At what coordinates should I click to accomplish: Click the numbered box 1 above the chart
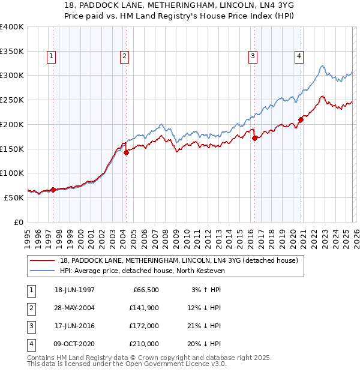[52, 57]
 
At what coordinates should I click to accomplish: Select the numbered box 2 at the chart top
[124, 57]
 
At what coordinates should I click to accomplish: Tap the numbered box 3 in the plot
[253, 57]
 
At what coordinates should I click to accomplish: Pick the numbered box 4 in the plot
[299, 57]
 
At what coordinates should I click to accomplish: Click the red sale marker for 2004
[127, 152]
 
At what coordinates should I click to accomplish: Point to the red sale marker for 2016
[254, 138]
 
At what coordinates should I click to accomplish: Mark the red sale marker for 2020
[301, 119]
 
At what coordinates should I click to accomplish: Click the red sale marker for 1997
[53, 190]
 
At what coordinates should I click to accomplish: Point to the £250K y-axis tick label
[12, 100]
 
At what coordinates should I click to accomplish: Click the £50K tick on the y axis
[14, 197]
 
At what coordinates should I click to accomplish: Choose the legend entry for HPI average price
[142, 271]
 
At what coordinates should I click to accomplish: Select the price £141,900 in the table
[143, 308]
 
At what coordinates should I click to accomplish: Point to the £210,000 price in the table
[143, 344]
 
